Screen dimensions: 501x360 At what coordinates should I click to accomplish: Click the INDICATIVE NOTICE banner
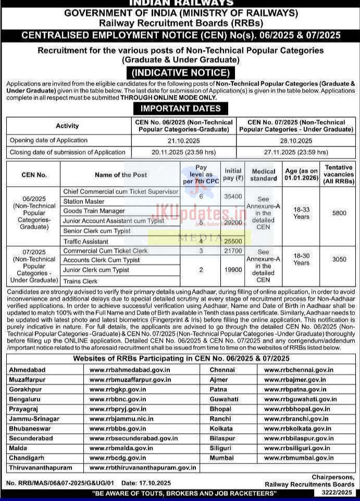point(180,73)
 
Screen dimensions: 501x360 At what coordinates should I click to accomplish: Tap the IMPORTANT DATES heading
point(180,108)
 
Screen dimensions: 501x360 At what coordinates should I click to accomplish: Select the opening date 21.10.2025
point(183,141)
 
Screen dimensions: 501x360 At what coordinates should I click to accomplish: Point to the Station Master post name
point(84,201)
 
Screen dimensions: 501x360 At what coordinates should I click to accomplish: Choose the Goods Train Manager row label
point(94,211)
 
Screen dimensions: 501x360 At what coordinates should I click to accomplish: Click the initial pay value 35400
point(233,197)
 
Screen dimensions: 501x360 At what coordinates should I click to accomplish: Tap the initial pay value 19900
point(233,270)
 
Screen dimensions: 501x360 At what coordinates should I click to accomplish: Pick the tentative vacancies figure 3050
point(339,259)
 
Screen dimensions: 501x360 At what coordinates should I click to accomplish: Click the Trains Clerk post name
point(80,281)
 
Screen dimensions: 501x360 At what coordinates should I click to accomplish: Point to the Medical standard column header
point(264,175)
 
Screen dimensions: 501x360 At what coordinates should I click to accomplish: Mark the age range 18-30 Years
point(301,260)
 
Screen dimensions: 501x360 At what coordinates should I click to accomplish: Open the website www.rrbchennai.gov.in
point(299,370)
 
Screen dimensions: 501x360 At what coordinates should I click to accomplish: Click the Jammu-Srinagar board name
point(34,419)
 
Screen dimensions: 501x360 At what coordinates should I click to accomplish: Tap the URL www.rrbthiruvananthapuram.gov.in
point(143,468)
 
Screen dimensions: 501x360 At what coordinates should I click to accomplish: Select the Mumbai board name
point(221,458)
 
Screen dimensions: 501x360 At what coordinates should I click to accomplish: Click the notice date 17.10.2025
point(154,483)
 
